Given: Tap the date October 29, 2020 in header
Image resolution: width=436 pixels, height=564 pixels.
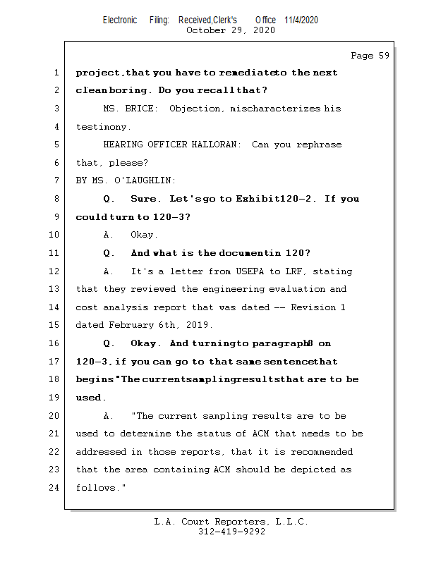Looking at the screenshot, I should pos(230,30).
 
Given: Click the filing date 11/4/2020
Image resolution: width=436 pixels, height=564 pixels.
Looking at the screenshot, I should pos(301,20).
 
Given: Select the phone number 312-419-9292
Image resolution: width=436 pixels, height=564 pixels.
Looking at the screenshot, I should pos(231,532).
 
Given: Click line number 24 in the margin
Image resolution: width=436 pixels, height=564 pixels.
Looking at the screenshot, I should pos(55,488).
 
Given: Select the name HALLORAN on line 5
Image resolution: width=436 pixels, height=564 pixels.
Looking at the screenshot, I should pos(220,145).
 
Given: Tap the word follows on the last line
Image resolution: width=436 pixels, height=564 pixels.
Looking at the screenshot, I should pos(96,488).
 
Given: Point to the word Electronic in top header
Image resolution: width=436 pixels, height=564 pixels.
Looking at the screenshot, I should pos(120,20).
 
